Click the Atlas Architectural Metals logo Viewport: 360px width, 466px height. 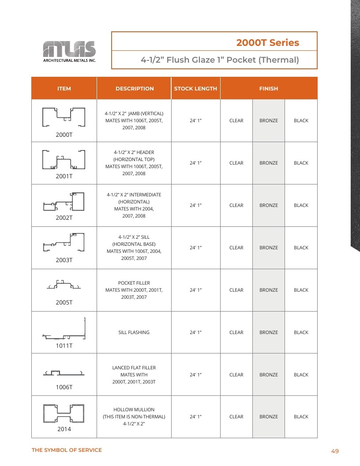tap(70, 52)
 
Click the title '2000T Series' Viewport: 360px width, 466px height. tap(268, 42)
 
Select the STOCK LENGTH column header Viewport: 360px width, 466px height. tap(195, 89)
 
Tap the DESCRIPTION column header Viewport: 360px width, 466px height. tap(135, 89)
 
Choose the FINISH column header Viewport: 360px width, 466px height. tap(269, 89)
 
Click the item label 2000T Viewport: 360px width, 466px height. tap(64, 135)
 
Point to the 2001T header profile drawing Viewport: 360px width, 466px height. tap(64, 160)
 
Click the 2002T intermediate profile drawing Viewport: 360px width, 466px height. tap(64, 202)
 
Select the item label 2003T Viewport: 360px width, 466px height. tap(64, 260)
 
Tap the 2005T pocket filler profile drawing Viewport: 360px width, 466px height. tap(64, 285)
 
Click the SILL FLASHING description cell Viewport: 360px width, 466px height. tap(134, 332)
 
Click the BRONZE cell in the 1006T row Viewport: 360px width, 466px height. tap(269, 375)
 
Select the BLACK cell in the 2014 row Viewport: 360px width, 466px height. tap(301, 417)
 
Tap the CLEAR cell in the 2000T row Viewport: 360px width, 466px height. tap(236, 120)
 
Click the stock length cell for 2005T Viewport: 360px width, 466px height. tap(195, 290)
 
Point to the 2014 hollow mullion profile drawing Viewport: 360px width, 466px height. tap(64, 413)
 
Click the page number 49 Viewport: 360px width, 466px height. tap(335, 451)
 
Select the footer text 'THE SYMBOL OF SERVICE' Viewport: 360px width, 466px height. tap(67, 450)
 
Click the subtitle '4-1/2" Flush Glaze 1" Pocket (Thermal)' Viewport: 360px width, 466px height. tap(220, 60)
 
